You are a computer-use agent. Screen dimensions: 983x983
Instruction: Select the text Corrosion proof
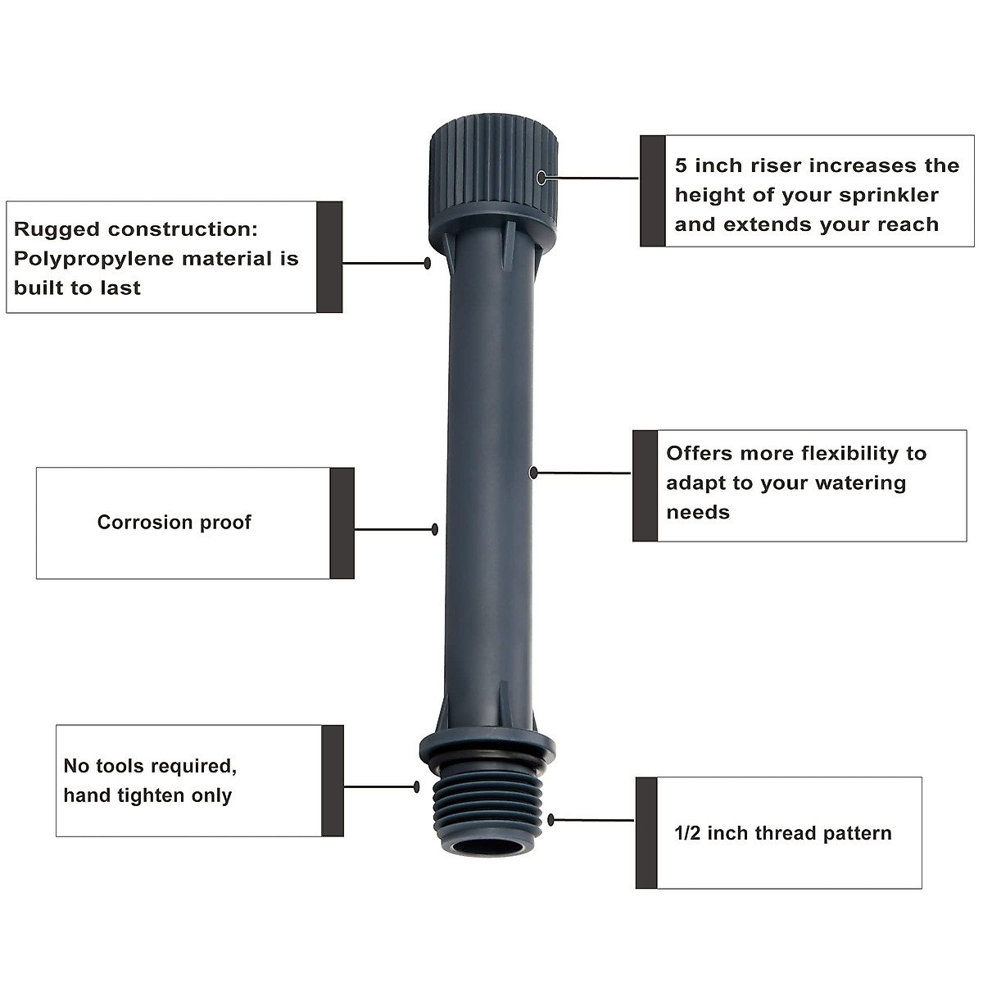pos(174,523)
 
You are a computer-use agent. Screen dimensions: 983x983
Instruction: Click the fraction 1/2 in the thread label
pos(688,834)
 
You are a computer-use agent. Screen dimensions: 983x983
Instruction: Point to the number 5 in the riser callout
pos(681,166)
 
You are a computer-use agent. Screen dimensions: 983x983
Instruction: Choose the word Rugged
pos(57,230)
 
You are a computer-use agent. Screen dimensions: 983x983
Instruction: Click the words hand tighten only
pos(147,795)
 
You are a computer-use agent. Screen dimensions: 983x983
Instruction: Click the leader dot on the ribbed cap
pos(541,177)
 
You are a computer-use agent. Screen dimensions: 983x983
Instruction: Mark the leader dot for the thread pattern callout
pos(551,819)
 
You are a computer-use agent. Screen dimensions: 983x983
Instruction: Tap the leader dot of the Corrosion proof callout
pos(434,530)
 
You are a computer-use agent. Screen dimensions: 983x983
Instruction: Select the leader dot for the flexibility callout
pos(533,473)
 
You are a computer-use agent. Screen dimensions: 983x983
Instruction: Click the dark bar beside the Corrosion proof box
pos(342,523)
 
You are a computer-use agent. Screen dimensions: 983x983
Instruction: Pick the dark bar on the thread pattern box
pos(646,832)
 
